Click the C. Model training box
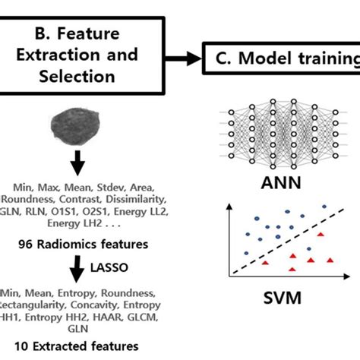[x=281, y=58]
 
